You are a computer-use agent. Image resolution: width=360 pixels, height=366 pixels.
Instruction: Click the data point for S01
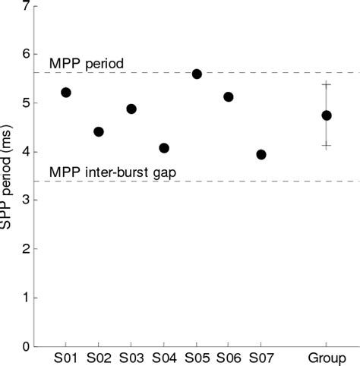[66, 93]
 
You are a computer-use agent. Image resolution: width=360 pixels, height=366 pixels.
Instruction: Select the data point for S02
[99, 131]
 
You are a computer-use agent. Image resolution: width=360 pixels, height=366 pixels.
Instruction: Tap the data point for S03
[131, 109]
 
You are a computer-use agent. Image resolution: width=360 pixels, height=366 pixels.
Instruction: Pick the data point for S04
[164, 148]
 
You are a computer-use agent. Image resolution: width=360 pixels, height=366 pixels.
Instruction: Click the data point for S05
[197, 74]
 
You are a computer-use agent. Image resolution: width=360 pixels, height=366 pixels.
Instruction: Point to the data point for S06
[229, 97]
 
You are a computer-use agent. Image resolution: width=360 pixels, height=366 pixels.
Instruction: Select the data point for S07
[261, 154]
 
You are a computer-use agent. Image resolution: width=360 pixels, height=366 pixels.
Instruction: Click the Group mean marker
[327, 115]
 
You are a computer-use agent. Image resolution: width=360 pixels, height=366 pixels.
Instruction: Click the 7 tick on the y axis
[27, 6]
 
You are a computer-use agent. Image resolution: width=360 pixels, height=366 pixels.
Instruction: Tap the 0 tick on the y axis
[27, 346]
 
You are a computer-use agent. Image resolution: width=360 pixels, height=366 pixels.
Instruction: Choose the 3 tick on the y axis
[27, 200]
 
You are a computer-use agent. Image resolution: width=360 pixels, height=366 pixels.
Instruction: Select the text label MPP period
[81, 64]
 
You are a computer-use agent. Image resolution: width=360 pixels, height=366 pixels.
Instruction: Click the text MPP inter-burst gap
[113, 172]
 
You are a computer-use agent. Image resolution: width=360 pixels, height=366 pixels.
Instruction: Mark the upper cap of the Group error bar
[327, 84]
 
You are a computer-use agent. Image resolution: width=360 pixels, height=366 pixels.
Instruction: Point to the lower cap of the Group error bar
[327, 146]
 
